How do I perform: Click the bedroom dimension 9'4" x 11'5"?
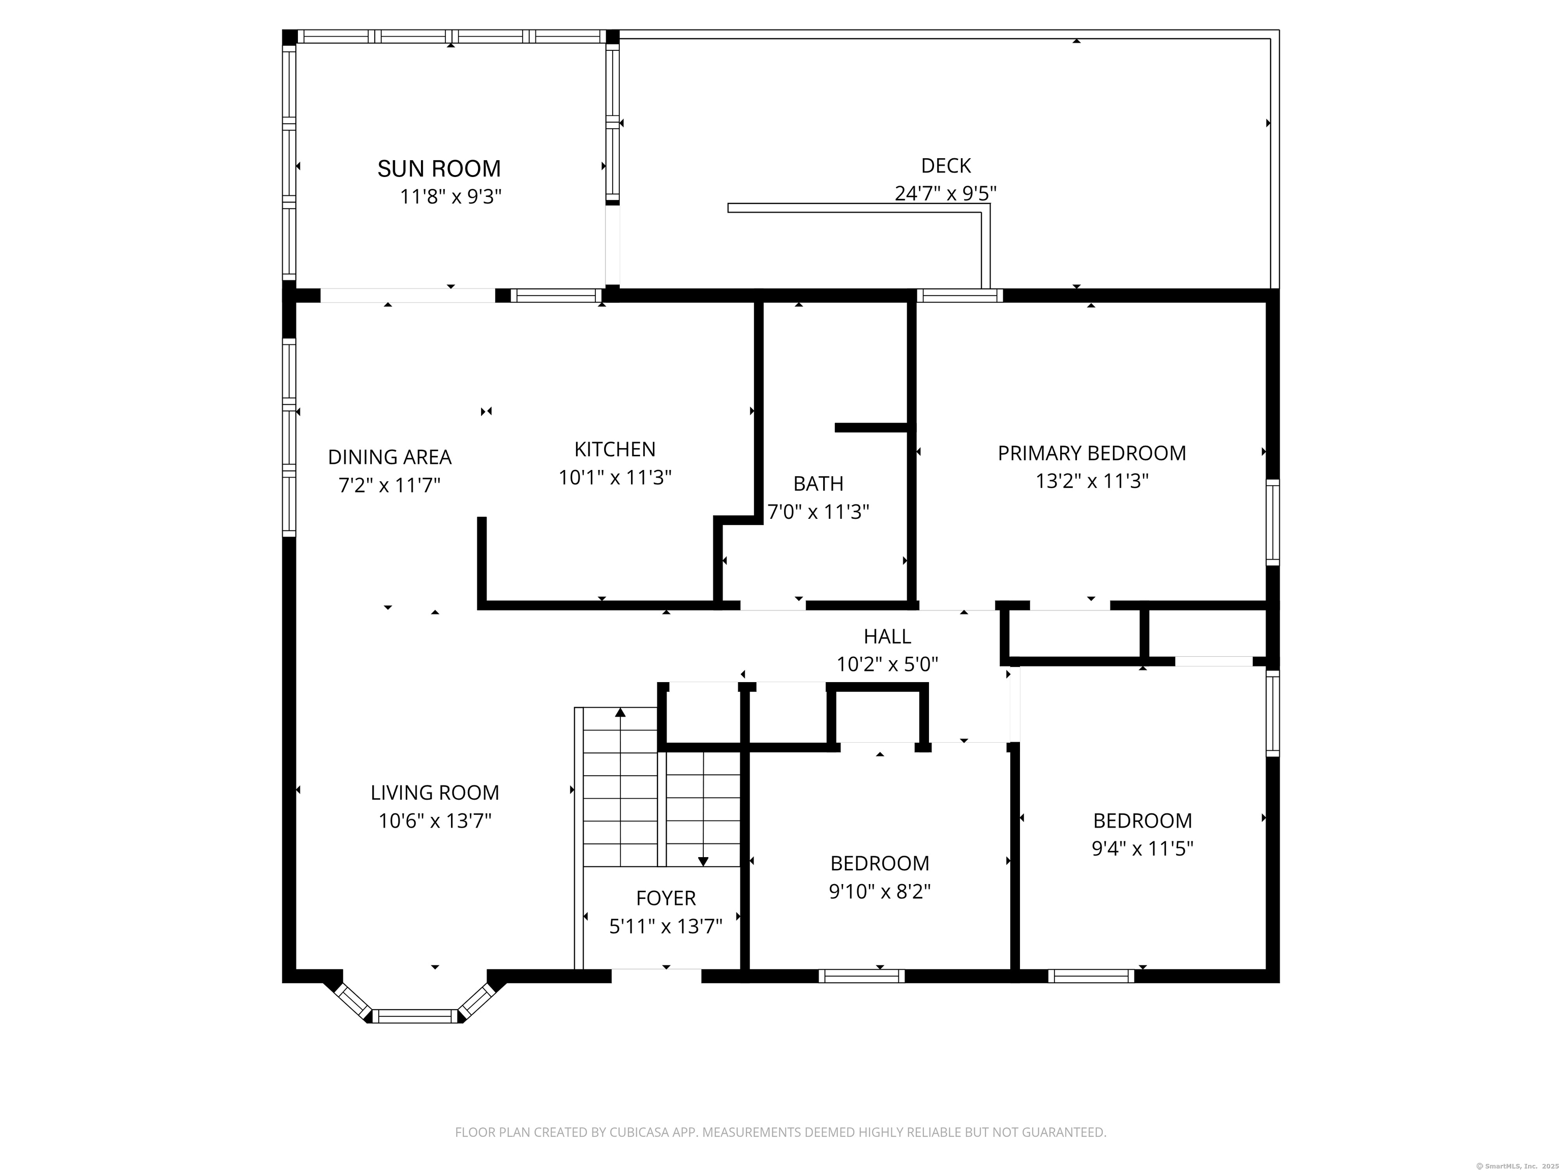(x=1142, y=848)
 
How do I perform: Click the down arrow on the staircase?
(x=703, y=861)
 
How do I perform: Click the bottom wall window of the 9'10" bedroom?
(x=861, y=976)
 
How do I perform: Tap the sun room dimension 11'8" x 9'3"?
(x=450, y=196)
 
